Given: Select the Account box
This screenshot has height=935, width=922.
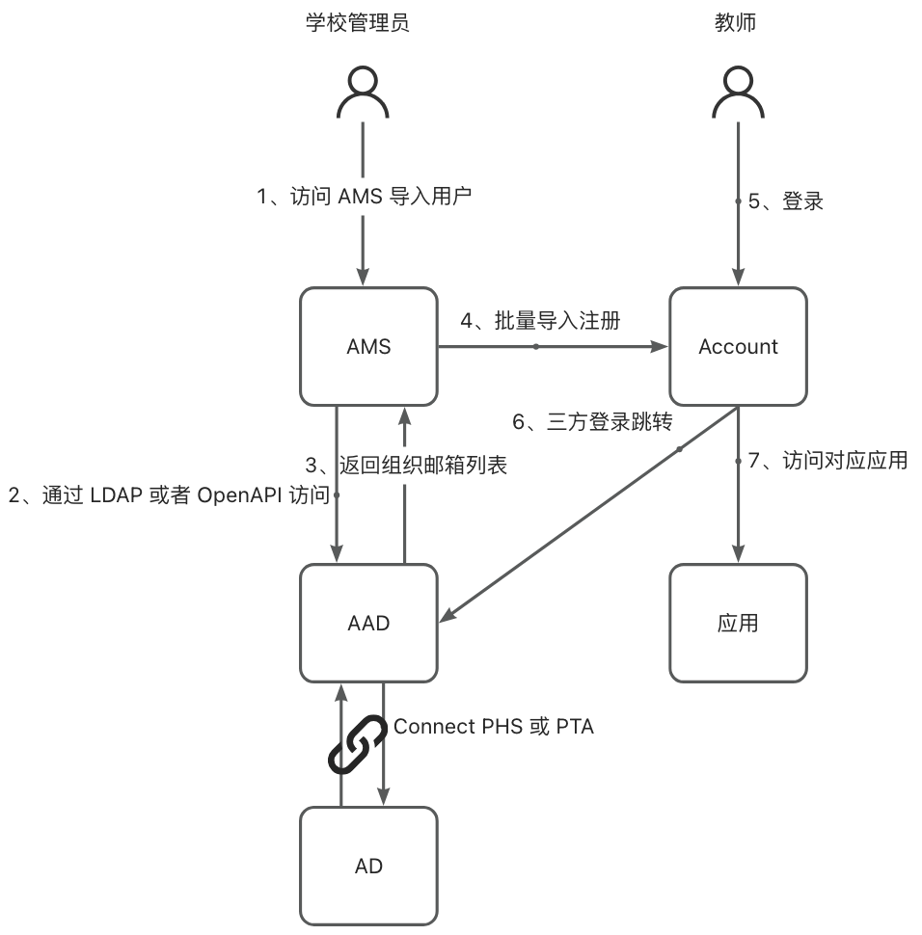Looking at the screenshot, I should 738,347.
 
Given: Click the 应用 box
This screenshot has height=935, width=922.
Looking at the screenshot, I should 738,623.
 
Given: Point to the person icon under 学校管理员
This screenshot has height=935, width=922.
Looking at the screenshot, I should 363,93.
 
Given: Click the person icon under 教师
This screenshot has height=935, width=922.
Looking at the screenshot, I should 738,93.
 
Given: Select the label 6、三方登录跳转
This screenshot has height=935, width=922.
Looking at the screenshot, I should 590,421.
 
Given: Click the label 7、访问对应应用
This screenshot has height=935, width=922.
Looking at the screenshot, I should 827,460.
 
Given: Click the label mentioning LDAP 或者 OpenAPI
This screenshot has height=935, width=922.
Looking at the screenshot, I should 169,495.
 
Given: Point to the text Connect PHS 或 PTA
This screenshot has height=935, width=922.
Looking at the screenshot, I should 494,726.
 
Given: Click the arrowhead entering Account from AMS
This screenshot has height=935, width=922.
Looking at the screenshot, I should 661,346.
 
